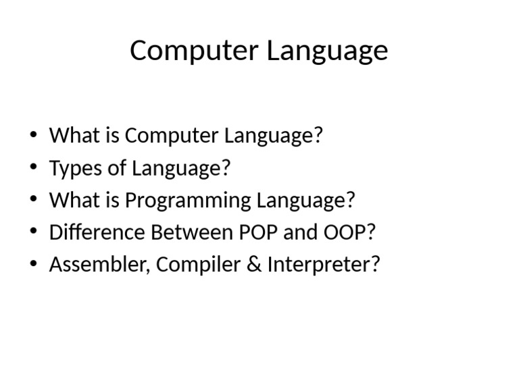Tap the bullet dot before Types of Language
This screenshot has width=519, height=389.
click(34, 167)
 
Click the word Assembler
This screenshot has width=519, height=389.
click(99, 265)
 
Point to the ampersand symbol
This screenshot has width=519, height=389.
click(253, 265)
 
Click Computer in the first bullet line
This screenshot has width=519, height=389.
click(172, 136)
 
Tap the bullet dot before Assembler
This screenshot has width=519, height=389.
click(34, 264)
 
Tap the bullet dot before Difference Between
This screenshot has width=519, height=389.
click(34, 232)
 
